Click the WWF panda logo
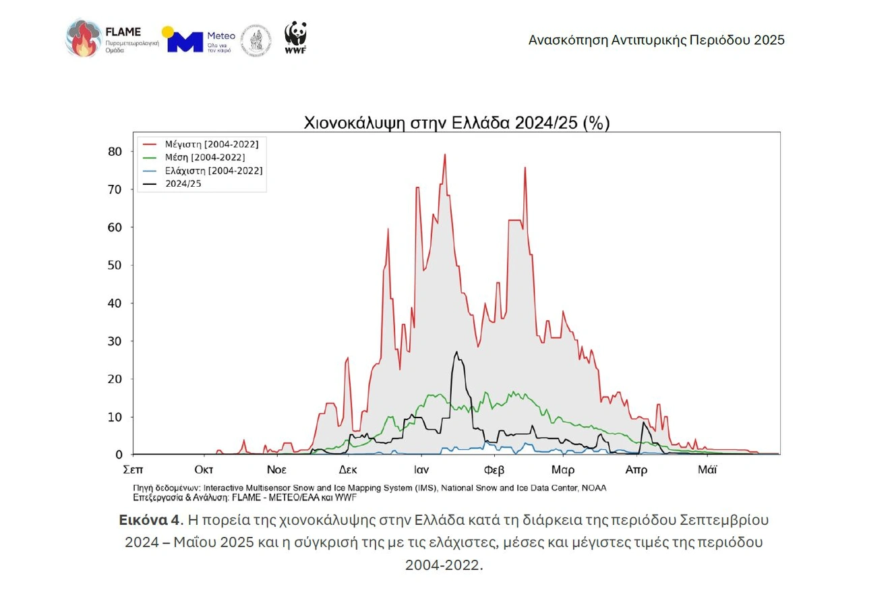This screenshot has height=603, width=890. coord(295,38)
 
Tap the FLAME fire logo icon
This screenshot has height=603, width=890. coord(82,38)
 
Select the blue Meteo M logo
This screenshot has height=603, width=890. coord(185,40)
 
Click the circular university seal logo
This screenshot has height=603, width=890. coord(256,40)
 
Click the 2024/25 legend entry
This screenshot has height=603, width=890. coord(185,183)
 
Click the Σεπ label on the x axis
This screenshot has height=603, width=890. coord(133,469)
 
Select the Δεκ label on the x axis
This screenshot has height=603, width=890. coord(348,469)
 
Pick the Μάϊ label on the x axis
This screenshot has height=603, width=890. coord(707,469)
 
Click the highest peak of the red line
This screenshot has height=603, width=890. coord(445,154)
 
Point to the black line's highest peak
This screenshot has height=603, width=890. coord(456,352)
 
